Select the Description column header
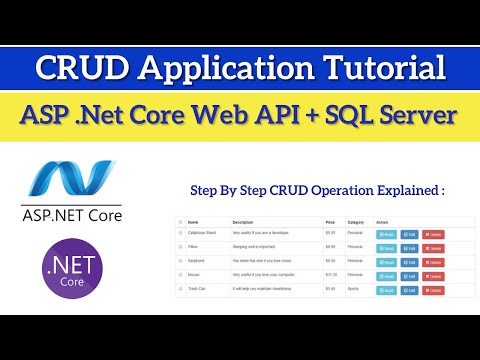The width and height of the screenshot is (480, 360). point(243,223)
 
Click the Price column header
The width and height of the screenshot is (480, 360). point(330,223)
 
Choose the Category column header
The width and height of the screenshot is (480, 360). point(356,223)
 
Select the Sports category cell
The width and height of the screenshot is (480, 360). point(354,290)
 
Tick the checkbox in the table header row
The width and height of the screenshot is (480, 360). point(180,223)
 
